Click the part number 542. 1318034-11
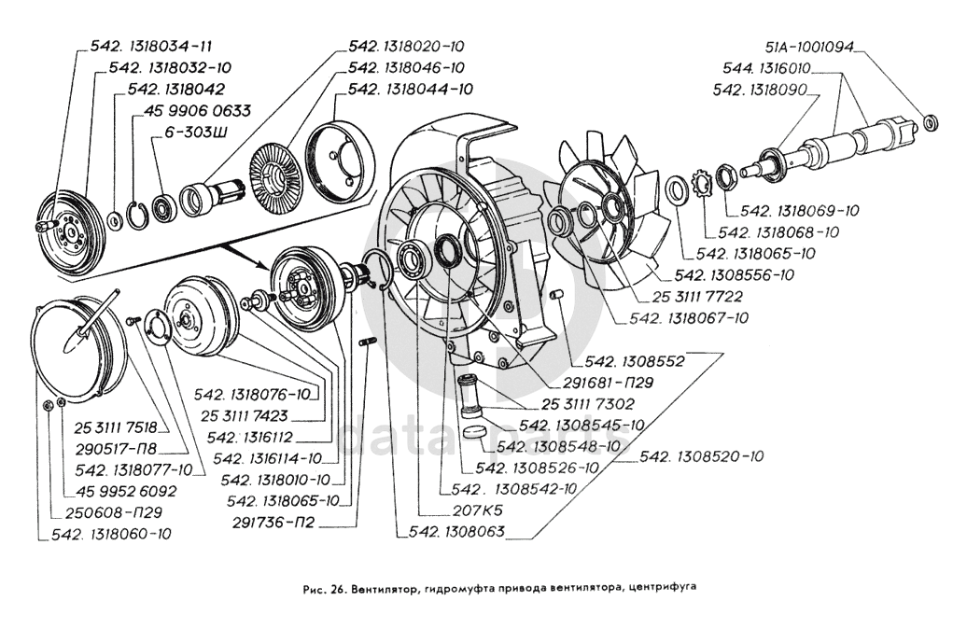[x=151, y=47]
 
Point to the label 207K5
[x=477, y=510]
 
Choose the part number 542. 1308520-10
[x=701, y=456]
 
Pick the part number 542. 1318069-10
[x=799, y=210]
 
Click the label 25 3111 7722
[x=697, y=297]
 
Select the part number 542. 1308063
[x=457, y=532]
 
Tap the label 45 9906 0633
[x=197, y=111]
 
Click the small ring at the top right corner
[x=931, y=122]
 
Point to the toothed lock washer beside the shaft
[x=703, y=183]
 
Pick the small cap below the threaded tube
[x=474, y=430]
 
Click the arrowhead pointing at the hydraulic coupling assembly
[x=264, y=263]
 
